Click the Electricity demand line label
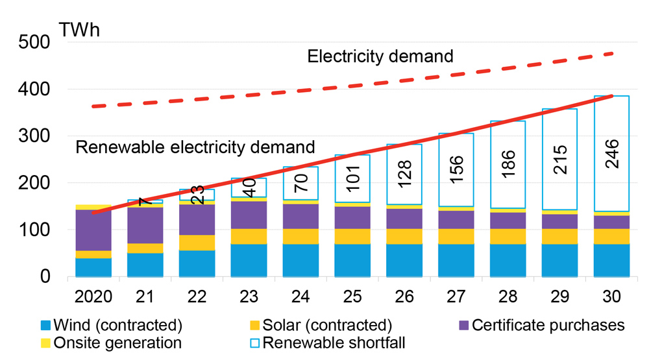pyautogui.click(x=380, y=56)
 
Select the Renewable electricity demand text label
pyautogui.click(x=195, y=147)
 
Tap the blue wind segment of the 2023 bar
pyautogui.click(x=249, y=260)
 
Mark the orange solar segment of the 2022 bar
pyautogui.click(x=197, y=243)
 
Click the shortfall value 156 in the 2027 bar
pyautogui.click(x=455, y=171)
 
